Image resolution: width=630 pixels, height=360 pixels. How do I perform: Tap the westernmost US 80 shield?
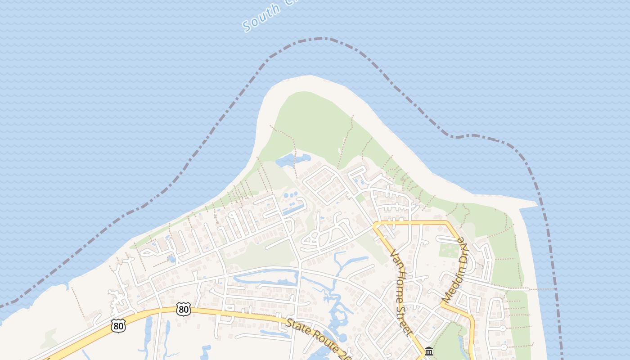point(118,326)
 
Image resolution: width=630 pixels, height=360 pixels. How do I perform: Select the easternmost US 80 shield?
point(184,309)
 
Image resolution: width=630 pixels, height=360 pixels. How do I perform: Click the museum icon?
point(429,351)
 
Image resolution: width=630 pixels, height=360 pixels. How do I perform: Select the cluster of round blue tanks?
point(291,195)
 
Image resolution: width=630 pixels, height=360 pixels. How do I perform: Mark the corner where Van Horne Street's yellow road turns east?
point(376,223)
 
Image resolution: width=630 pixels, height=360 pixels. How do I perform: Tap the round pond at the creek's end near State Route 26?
point(342,337)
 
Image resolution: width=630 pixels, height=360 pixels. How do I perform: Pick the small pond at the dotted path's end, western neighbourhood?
point(171,259)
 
